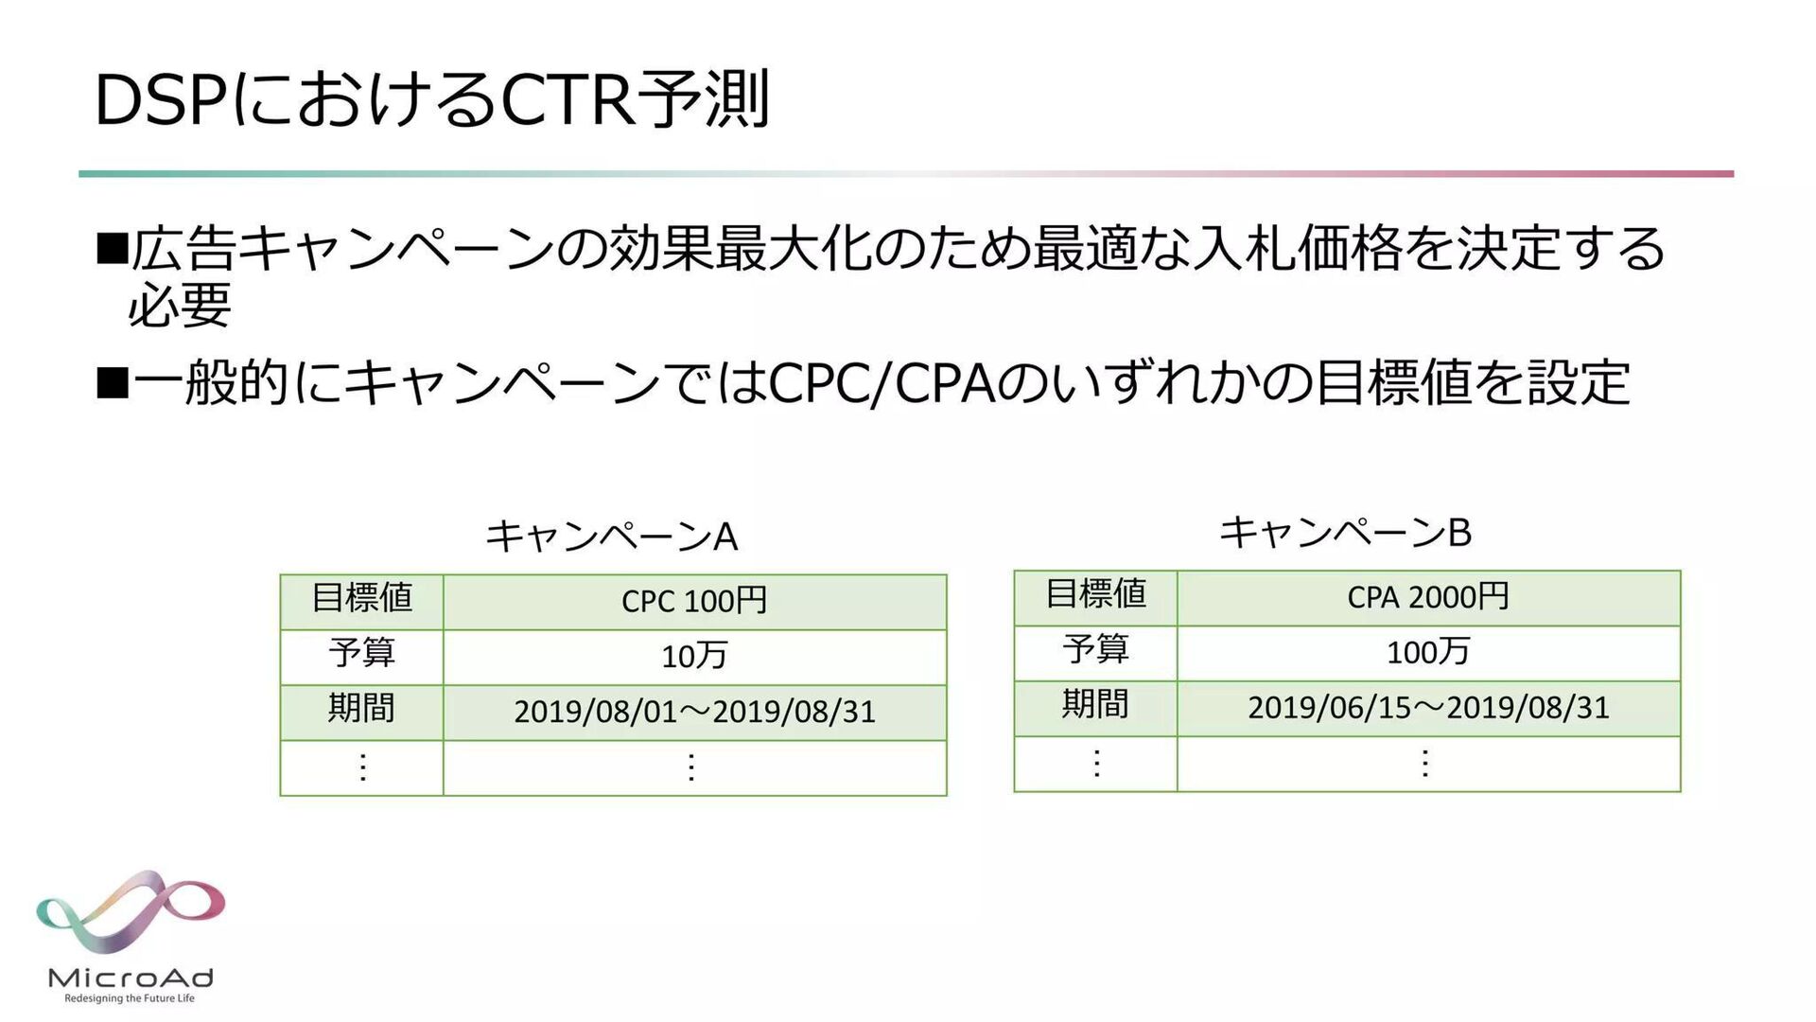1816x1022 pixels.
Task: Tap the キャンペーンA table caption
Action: (x=611, y=536)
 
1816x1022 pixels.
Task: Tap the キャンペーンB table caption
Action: (x=1345, y=532)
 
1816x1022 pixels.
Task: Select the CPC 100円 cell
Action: (x=694, y=601)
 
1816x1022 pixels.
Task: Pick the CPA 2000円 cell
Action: (x=1427, y=597)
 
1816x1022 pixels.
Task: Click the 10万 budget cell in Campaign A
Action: (x=694, y=656)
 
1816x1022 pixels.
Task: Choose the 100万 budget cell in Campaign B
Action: (x=1427, y=652)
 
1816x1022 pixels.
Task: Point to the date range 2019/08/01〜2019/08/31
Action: (x=694, y=712)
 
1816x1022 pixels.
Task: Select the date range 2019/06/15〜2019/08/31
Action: (x=1427, y=708)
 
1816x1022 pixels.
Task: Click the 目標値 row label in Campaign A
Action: (x=362, y=599)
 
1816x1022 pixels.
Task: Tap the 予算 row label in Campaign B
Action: (x=1095, y=650)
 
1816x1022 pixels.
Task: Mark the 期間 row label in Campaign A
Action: (x=361, y=709)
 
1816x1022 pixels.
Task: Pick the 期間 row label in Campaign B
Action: (x=1095, y=705)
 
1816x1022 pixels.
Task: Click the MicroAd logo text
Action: (x=131, y=978)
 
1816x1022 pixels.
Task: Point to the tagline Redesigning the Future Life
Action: (x=130, y=998)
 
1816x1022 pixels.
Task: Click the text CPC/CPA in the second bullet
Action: (x=882, y=383)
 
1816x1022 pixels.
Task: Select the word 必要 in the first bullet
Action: (x=180, y=305)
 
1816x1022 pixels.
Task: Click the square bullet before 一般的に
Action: (x=113, y=383)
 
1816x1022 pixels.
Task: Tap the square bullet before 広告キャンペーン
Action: (x=113, y=249)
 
